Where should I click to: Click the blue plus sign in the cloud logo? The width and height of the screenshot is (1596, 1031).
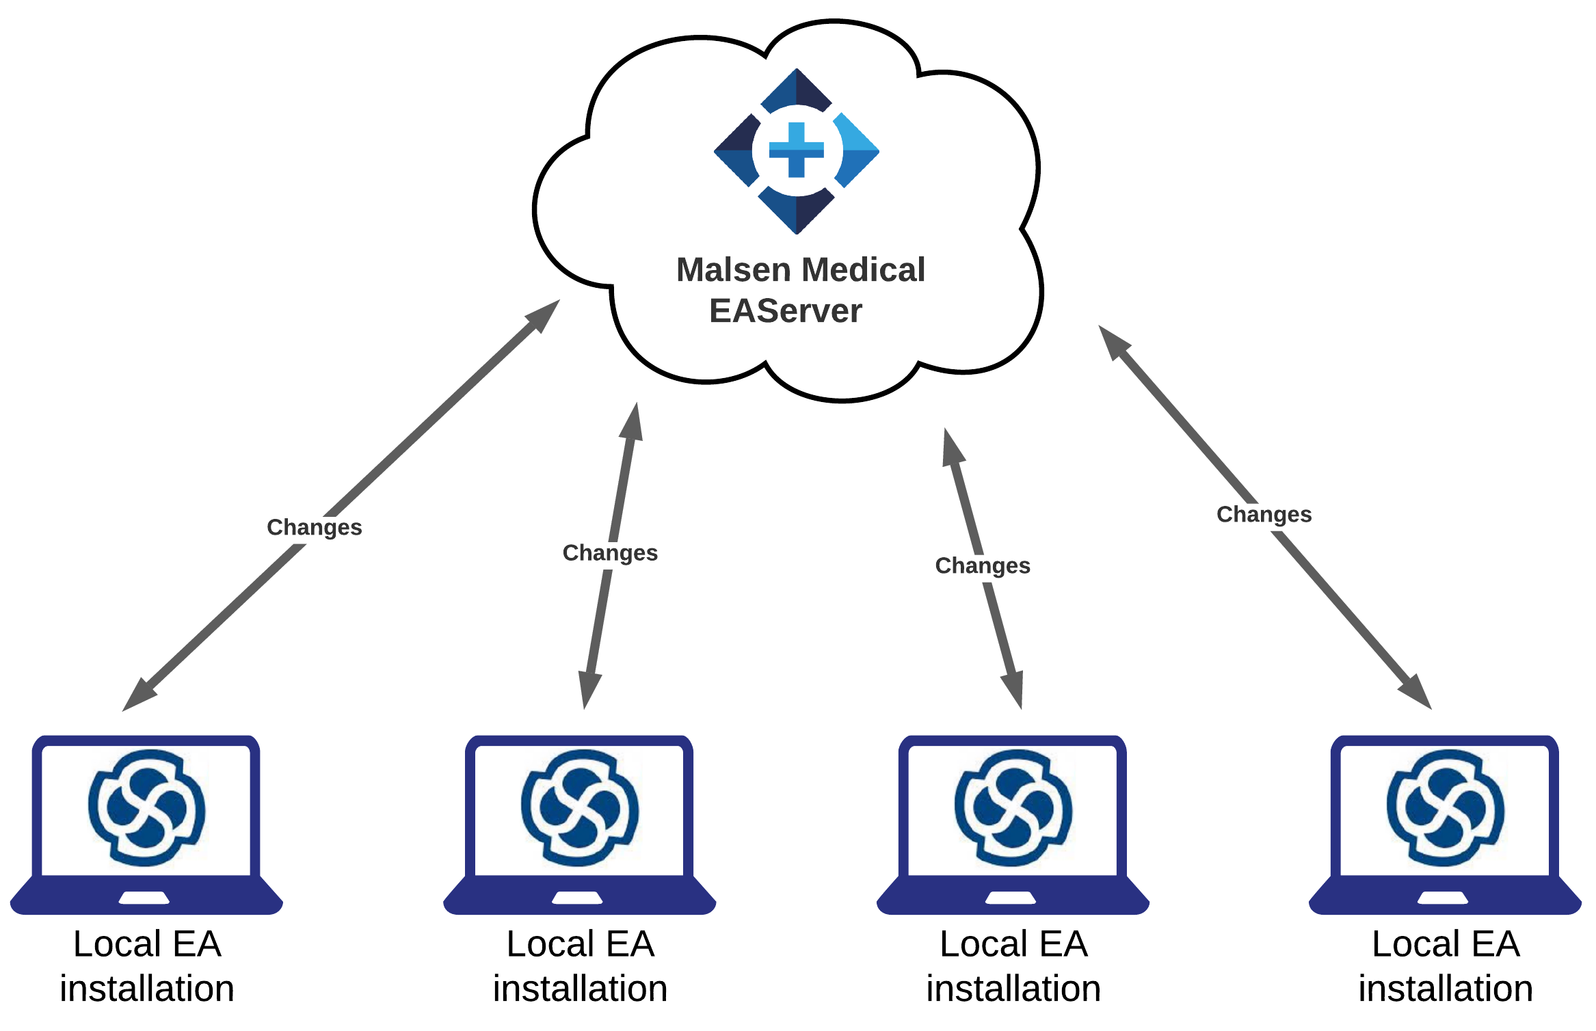(x=796, y=150)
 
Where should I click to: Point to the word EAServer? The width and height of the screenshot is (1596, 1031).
(x=785, y=311)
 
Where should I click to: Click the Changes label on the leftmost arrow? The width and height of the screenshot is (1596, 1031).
(x=314, y=527)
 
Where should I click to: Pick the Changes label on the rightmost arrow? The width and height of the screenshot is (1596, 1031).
(x=1264, y=514)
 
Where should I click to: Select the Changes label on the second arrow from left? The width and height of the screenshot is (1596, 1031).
(x=610, y=552)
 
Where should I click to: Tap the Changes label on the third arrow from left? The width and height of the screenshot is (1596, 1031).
(x=983, y=565)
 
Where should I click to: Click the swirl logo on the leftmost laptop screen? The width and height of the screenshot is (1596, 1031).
(x=146, y=807)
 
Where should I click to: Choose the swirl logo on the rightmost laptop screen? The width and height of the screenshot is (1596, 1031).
(x=1445, y=807)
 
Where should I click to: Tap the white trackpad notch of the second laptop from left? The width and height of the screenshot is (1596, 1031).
(x=578, y=898)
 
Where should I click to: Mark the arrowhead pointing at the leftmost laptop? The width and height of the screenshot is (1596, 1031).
(x=139, y=697)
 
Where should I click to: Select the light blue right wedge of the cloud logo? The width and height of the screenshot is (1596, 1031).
(x=857, y=150)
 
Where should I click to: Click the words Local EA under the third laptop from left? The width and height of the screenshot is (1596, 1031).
(x=1013, y=944)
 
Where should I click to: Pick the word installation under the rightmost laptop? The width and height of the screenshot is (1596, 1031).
(x=1445, y=989)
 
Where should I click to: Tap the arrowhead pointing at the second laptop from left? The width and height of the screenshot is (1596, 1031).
(x=589, y=689)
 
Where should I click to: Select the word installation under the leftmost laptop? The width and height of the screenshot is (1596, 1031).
(x=147, y=989)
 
